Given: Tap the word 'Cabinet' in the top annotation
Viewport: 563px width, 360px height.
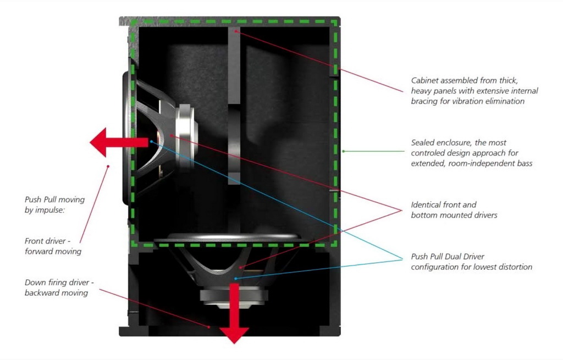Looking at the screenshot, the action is (x=424, y=80).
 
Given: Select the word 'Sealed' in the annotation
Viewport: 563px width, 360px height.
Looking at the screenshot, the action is (x=422, y=142).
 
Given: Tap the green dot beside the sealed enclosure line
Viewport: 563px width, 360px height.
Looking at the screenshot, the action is (x=343, y=152).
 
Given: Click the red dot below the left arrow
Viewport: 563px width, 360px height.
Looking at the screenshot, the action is (x=108, y=166).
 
